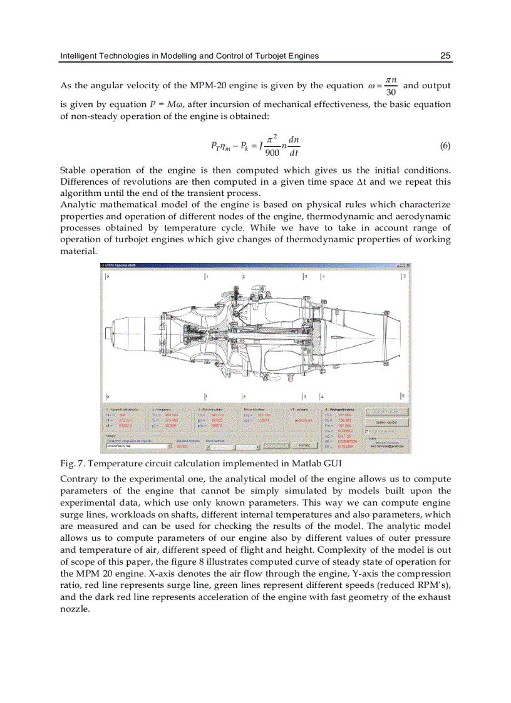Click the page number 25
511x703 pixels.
pos(445,56)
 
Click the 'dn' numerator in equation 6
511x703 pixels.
pos(294,140)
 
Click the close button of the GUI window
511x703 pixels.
pos(407,265)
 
